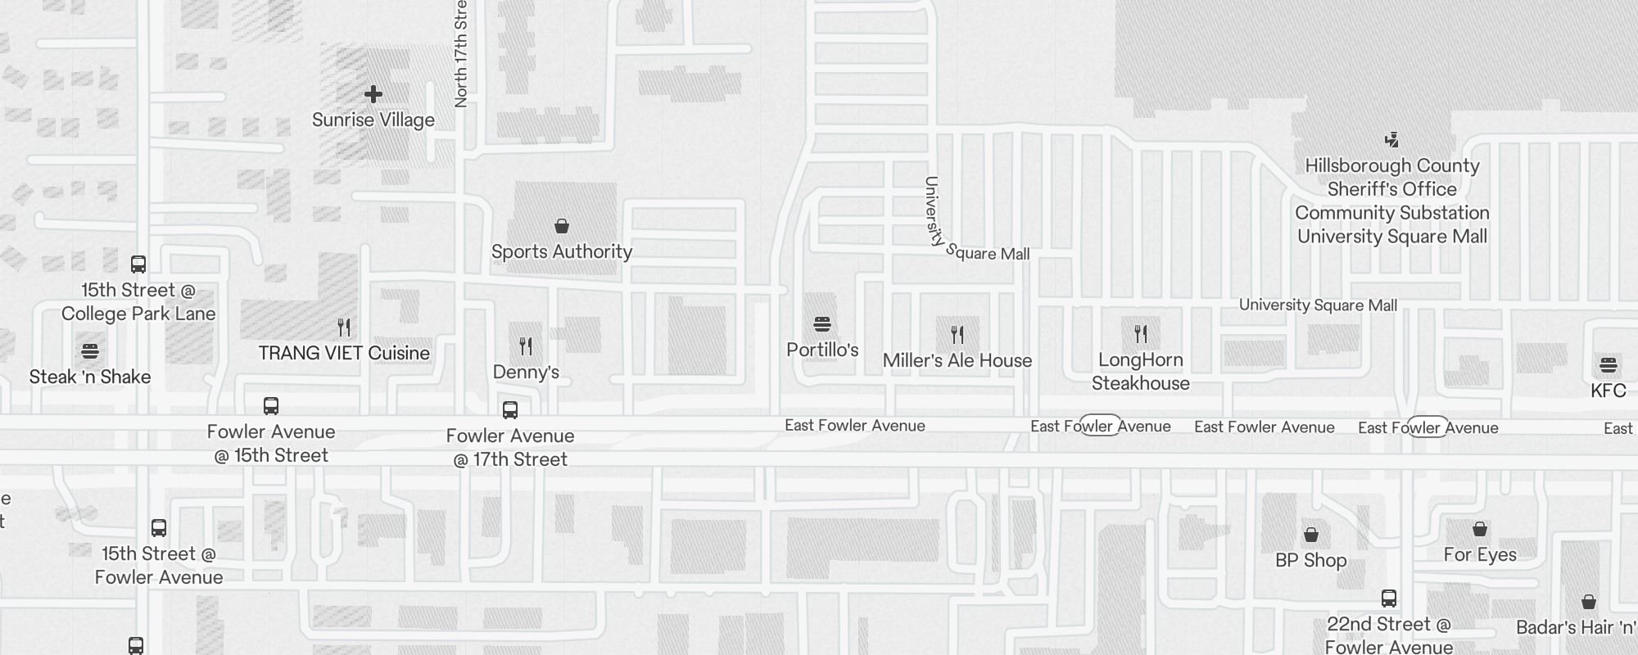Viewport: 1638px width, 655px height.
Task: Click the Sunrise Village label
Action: pyautogui.click(x=373, y=120)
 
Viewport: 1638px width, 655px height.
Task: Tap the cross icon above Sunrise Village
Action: pyautogui.click(x=373, y=95)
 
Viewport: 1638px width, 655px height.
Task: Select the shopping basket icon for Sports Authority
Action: pyautogui.click(x=562, y=226)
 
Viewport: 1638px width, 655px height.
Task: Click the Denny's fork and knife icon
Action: pyautogui.click(x=526, y=346)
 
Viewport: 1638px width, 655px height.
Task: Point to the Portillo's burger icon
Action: pyautogui.click(x=822, y=324)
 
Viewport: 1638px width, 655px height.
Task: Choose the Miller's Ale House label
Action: pyautogui.click(x=957, y=360)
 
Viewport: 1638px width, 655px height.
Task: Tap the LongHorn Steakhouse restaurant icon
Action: pyautogui.click(x=1141, y=334)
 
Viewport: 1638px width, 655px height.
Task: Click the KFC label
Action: pyautogui.click(x=1608, y=391)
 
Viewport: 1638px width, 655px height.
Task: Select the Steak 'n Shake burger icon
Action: pyautogui.click(x=90, y=351)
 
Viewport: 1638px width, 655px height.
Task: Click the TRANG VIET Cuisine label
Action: pyautogui.click(x=344, y=353)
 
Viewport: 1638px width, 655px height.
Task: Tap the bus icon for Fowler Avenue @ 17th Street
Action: pyautogui.click(x=510, y=410)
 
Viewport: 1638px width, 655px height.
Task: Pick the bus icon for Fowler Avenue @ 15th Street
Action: pyautogui.click(x=271, y=406)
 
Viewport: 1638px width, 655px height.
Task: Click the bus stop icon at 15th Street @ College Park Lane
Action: pyautogui.click(x=138, y=264)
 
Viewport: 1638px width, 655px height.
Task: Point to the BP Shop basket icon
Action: pyautogui.click(x=1311, y=535)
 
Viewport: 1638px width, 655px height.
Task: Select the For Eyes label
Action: pyautogui.click(x=1480, y=554)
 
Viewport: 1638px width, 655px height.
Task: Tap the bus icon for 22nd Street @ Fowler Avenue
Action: pyautogui.click(x=1389, y=599)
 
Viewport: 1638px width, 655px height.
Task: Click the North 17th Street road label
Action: pyautogui.click(x=461, y=53)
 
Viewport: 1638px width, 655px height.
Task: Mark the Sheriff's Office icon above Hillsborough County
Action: pyautogui.click(x=1391, y=140)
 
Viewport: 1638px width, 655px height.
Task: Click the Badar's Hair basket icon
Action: pyautogui.click(x=1589, y=602)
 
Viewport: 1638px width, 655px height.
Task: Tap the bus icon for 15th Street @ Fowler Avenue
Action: pyautogui.click(x=159, y=528)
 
